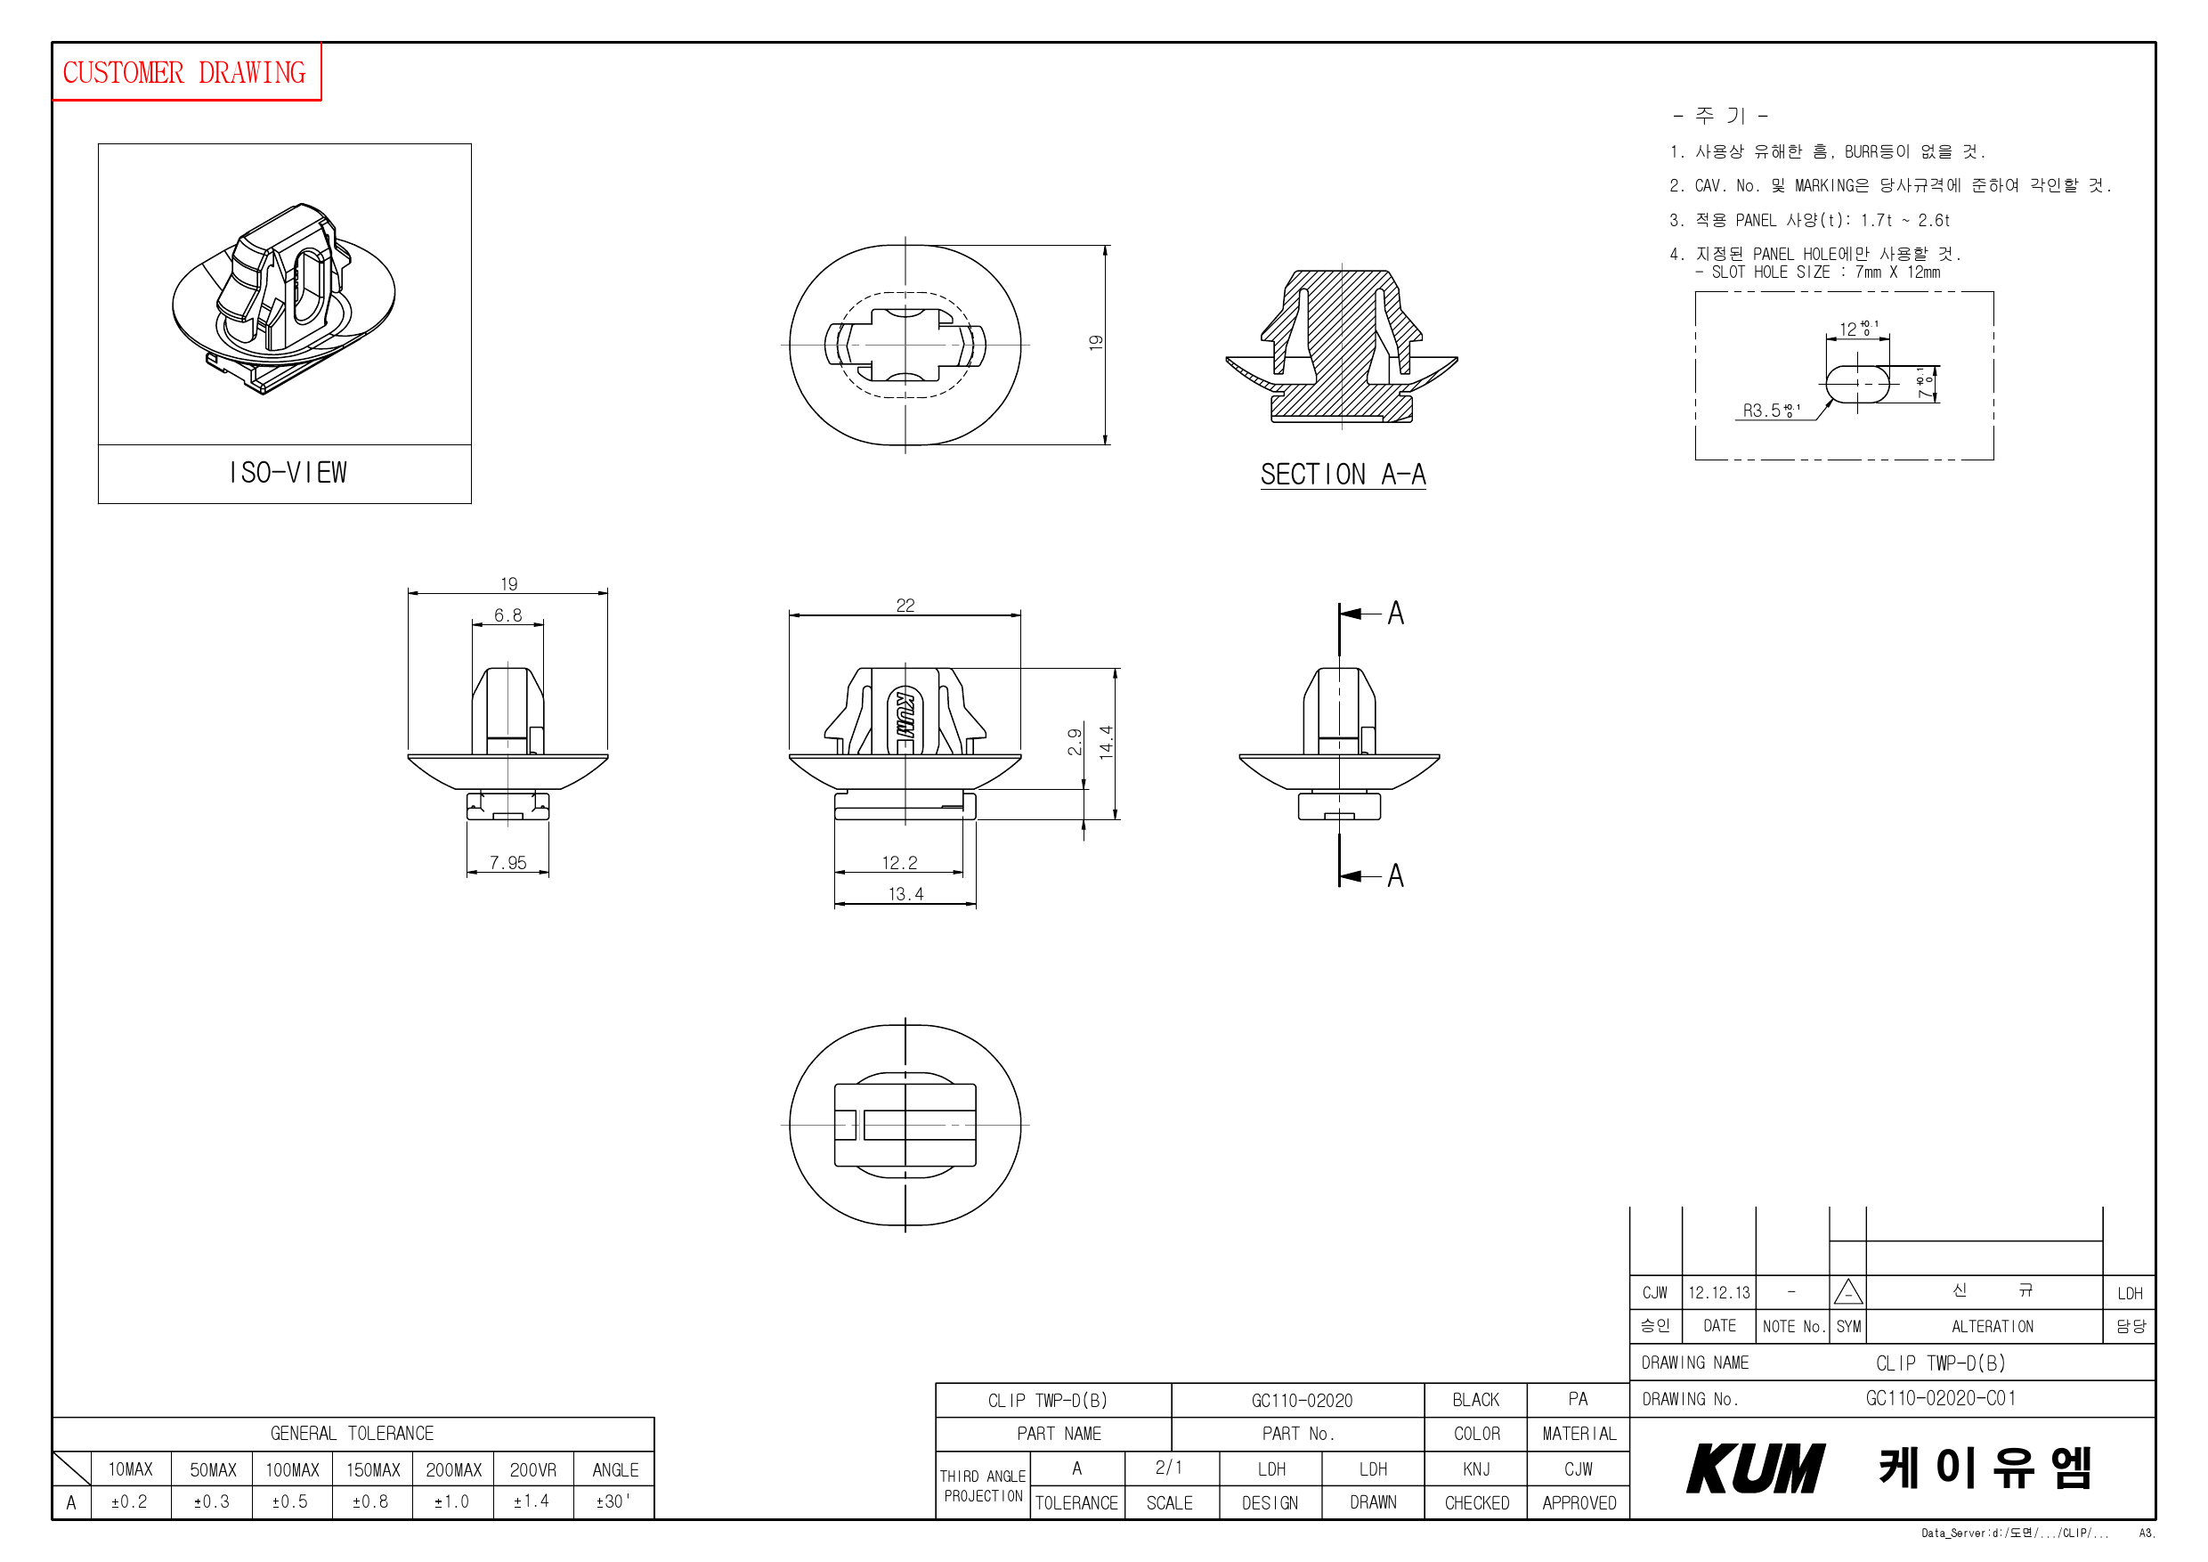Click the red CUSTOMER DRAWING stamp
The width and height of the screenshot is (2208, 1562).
click(x=184, y=72)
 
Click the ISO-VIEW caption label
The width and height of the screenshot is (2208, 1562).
click(x=288, y=473)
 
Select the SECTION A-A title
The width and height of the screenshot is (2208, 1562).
click(x=1343, y=474)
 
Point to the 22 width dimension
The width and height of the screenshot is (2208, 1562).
click(x=905, y=605)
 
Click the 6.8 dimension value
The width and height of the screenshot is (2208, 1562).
click(x=507, y=615)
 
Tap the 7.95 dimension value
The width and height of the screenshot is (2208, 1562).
click(x=507, y=863)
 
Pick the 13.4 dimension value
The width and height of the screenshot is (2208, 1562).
click(x=905, y=893)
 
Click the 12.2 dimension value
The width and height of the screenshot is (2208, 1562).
click(x=899, y=863)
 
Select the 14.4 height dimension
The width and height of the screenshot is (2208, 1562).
click(x=1106, y=742)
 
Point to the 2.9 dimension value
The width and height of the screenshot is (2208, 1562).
click(x=1075, y=742)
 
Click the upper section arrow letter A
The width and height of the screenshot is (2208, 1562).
click(x=1395, y=613)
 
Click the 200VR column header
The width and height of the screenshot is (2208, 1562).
click(x=532, y=1469)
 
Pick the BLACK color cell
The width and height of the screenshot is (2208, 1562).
click(x=1475, y=1399)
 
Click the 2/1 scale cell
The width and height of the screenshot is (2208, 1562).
click(x=1168, y=1468)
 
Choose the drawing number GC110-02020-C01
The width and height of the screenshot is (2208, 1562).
click(x=1940, y=1398)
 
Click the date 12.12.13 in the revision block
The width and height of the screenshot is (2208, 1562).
click(x=1718, y=1293)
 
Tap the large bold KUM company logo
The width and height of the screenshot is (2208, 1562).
click(x=1754, y=1468)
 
